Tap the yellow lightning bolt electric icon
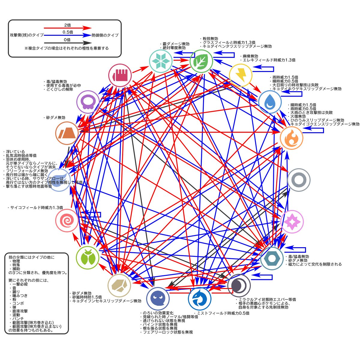240,75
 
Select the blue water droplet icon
270,101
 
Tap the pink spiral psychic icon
67,221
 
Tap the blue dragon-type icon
199,299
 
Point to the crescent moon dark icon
239,285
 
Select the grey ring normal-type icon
298,180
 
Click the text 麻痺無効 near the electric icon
249,56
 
